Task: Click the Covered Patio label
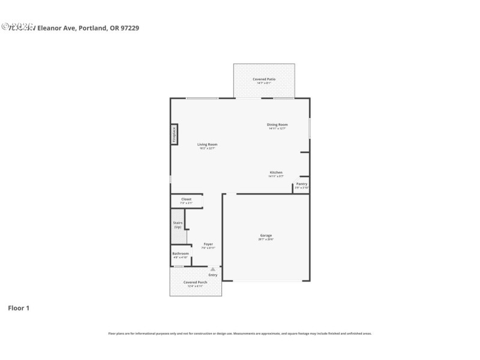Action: [x=264, y=79]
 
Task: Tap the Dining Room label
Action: [x=277, y=125]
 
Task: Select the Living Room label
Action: [x=208, y=144]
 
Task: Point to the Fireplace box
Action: [x=174, y=134]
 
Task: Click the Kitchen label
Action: [x=276, y=172]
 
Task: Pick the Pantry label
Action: [x=302, y=184]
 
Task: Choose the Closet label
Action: [x=186, y=199]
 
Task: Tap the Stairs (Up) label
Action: [x=178, y=225]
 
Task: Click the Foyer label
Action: [x=208, y=244]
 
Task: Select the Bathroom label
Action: [x=181, y=253]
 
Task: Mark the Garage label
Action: [x=266, y=235]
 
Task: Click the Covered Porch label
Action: [x=196, y=282]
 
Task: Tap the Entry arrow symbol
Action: [x=212, y=269]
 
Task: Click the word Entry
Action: [x=213, y=275]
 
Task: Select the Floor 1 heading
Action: [x=19, y=308]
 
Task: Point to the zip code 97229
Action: [x=130, y=28]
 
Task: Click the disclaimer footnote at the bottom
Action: [x=240, y=333]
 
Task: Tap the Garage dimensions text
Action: [x=266, y=239]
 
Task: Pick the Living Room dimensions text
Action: [x=208, y=148]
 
